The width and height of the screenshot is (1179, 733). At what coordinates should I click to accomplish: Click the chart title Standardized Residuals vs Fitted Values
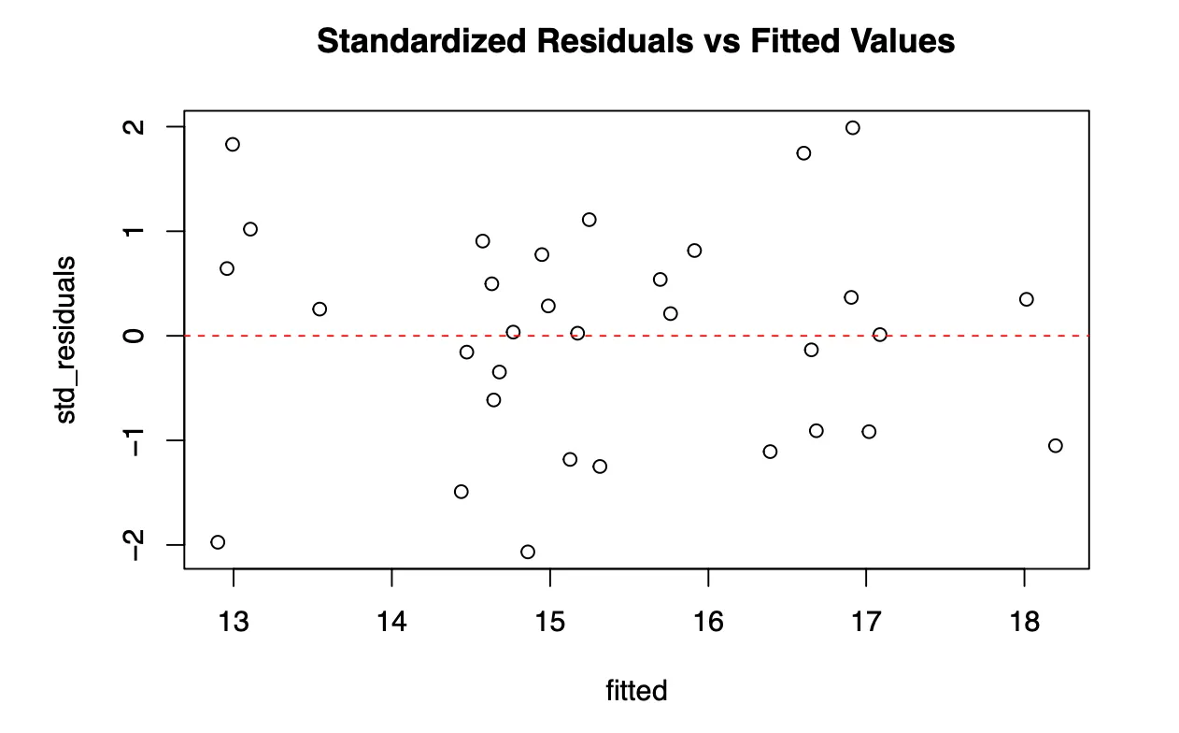[x=635, y=41]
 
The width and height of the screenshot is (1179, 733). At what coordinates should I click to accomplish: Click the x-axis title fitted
[x=636, y=691]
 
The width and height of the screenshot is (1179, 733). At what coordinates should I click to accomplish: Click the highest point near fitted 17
[x=852, y=127]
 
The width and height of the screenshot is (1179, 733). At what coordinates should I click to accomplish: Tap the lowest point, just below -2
[x=528, y=552]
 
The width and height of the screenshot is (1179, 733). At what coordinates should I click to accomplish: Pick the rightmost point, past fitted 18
[x=1056, y=445]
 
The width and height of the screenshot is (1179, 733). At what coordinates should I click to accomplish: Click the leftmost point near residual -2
[x=218, y=542]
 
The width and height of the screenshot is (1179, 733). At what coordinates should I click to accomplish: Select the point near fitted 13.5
[x=320, y=309]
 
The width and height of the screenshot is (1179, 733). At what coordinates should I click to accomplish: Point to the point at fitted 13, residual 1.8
[x=233, y=144]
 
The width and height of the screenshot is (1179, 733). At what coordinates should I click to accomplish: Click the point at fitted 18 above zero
[x=1027, y=299]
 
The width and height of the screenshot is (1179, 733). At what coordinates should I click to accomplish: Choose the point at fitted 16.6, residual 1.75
[x=803, y=152]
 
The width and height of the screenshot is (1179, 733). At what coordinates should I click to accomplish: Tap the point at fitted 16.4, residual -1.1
[x=770, y=452]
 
